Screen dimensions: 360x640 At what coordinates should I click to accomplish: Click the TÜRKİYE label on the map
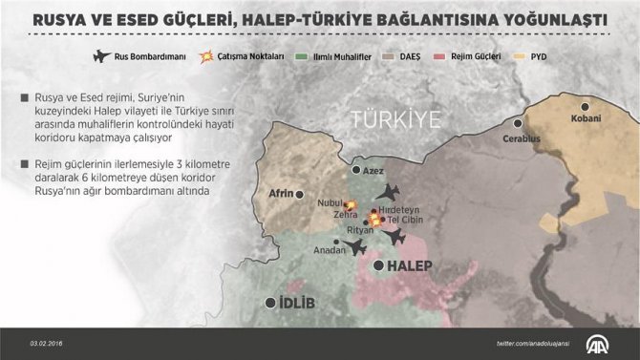click(x=395, y=120)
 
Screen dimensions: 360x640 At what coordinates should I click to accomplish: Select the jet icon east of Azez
click(x=389, y=192)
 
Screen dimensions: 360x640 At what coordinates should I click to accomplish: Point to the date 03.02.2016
click(x=46, y=344)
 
